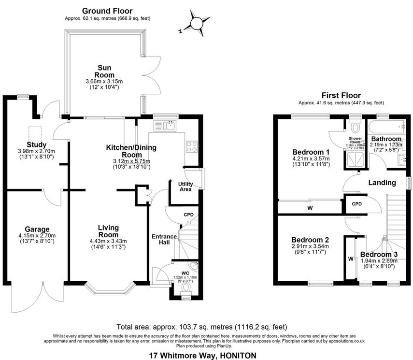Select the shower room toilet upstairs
(355, 128)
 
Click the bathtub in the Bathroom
(386, 128)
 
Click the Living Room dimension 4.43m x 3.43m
(108, 241)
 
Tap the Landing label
(382, 183)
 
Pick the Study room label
(37, 144)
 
